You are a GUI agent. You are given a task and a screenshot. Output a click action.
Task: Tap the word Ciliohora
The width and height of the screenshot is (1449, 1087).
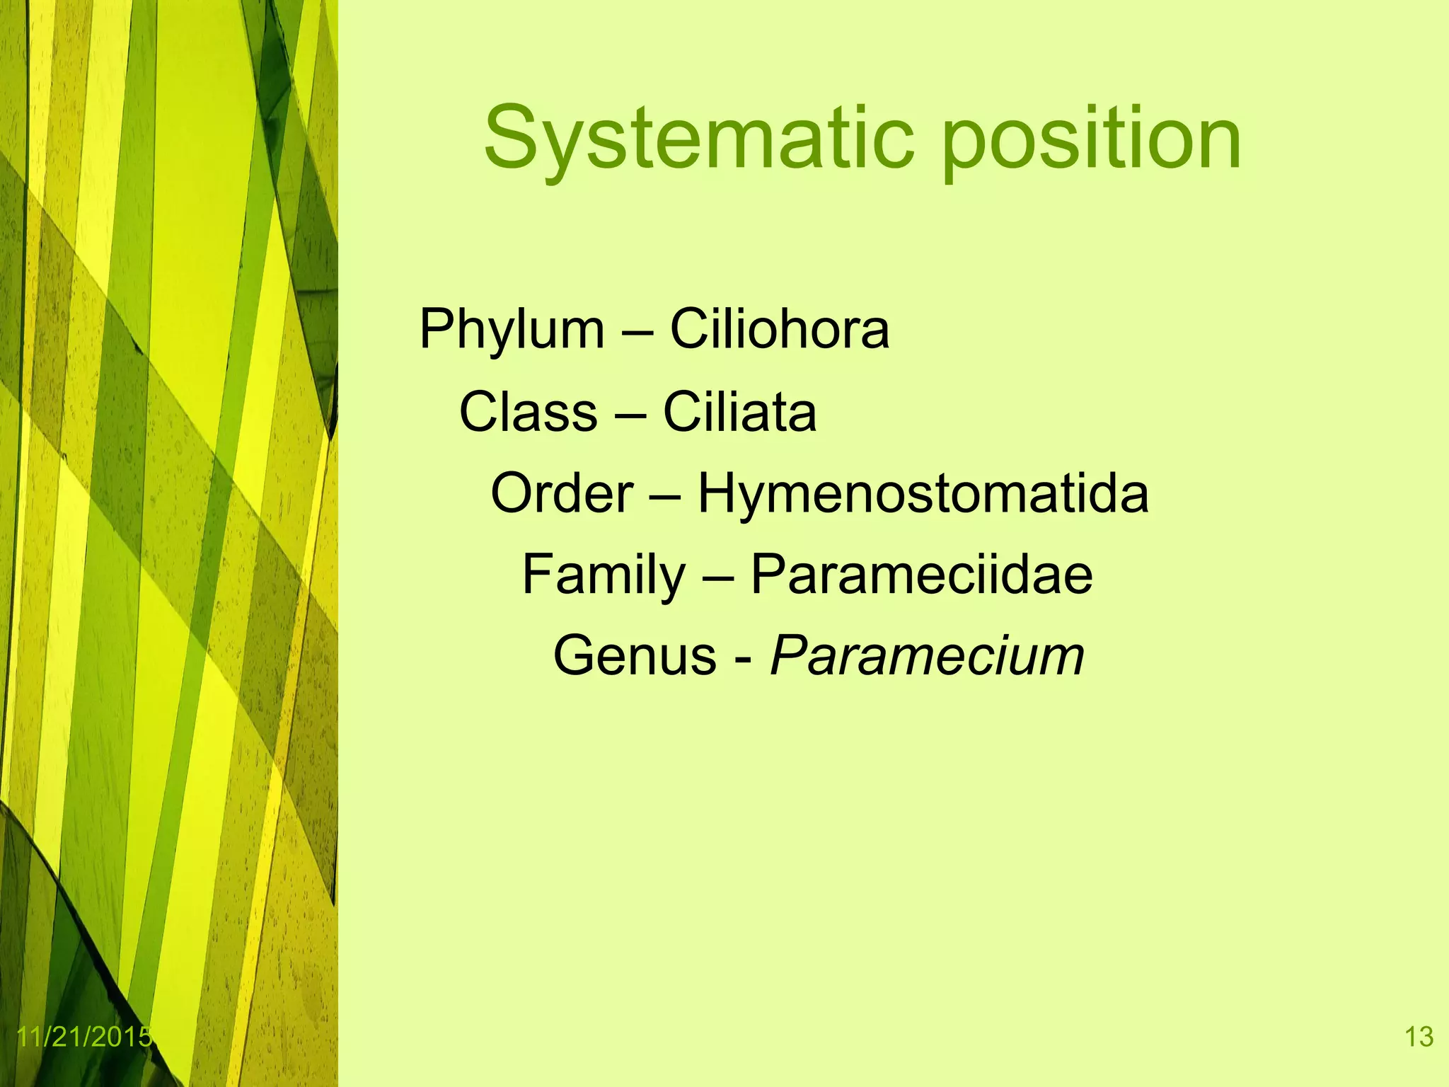[x=779, y=329]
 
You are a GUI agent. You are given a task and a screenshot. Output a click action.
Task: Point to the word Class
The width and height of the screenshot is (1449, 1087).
[x=528, y=412]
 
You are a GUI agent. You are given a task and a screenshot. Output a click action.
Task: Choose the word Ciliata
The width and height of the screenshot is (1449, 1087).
[x=739, y=412]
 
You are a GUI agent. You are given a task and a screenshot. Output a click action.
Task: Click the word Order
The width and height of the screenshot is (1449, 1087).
[x=562, y=493]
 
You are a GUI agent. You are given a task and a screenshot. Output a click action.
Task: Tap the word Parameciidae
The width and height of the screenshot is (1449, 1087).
[x=921, y=575]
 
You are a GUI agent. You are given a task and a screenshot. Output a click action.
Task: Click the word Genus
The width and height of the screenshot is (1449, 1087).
[x=635, y=656]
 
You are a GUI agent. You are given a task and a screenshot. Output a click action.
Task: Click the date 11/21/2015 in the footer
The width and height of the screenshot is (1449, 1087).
[x=83, y=1037]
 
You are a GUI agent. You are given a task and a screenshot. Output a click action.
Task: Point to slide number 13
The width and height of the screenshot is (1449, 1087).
[x=1419, y=1037]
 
